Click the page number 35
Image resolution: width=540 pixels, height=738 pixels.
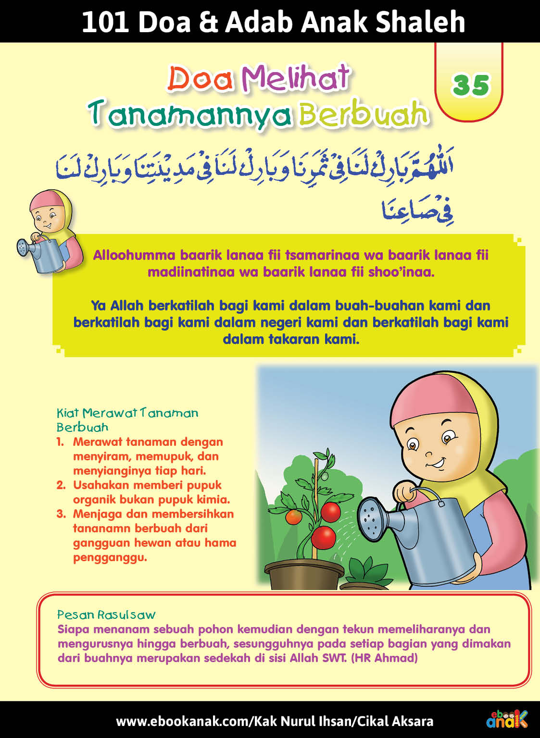[470, 85]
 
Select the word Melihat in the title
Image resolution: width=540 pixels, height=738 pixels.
[295, 78]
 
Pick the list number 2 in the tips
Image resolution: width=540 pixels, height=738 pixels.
[61, 485]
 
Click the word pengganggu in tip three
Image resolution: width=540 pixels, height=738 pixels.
[110, 557]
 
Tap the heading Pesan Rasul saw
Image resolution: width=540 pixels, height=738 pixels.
[106, 615]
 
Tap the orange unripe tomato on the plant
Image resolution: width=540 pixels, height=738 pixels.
[293, 517]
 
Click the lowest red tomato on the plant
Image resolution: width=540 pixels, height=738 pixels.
[324, 537]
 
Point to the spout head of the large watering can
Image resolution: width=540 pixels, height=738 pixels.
[373, 518]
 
